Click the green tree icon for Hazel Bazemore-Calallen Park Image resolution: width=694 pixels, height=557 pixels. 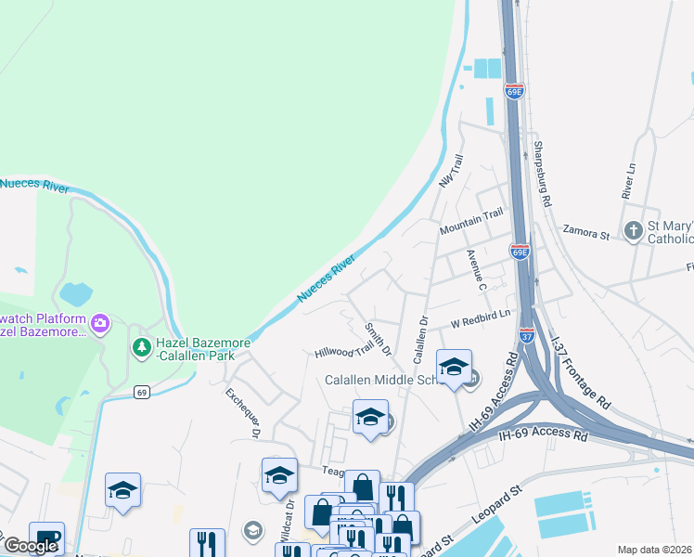click(x=141, y=347)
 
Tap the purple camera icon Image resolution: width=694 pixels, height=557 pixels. click(x=99, y=323)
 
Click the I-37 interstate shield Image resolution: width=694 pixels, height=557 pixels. click(x=526, y=332)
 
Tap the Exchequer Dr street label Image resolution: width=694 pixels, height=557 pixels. click(x=242, y=413)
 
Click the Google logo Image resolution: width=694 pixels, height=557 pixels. click(x=32, y=546)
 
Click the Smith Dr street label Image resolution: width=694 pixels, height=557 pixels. click(x=379, y=340)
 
